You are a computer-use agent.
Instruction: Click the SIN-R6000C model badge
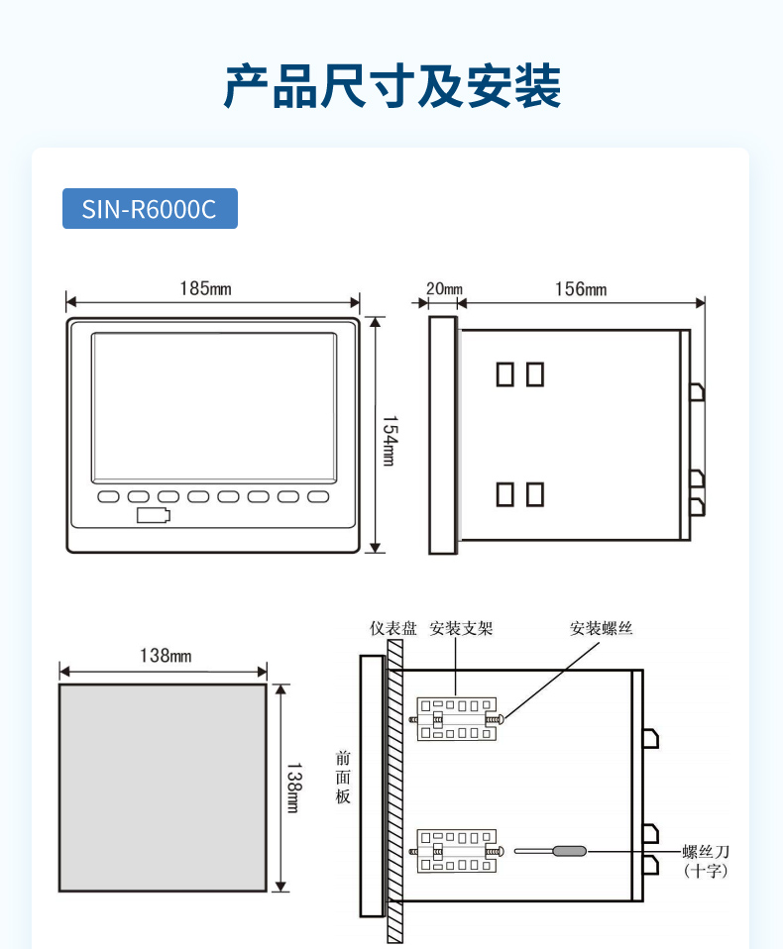coord(150,209)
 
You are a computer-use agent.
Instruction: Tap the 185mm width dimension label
coord(205,288)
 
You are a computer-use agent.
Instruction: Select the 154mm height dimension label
coord(390,441)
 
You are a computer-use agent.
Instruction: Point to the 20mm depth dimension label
coord(444,288)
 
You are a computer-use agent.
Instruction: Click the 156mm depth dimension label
coord(581,288)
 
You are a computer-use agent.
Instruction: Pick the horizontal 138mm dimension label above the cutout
coord(166,656)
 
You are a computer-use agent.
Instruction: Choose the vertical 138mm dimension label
coord(293,788)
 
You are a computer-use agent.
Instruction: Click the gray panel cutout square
coord(163,788)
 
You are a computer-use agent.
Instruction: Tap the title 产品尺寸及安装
coord(391,86)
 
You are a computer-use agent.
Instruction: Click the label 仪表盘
coord(393,628)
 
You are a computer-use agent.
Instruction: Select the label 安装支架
coord(462,628)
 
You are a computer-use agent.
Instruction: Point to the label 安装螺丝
coord(602,628)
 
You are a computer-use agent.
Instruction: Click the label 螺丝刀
coord(706,852)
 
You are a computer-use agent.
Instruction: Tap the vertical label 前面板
coord(343,777)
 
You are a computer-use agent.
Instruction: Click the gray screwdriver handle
coord(570,851)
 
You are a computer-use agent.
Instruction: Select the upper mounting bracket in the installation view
coord(457,719)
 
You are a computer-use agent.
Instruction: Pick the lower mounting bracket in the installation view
coord(457,851)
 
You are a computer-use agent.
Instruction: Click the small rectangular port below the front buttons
coord(154,515)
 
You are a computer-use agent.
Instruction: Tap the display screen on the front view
coord(214,408)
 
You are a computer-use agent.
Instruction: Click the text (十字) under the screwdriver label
coord(706,871)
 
